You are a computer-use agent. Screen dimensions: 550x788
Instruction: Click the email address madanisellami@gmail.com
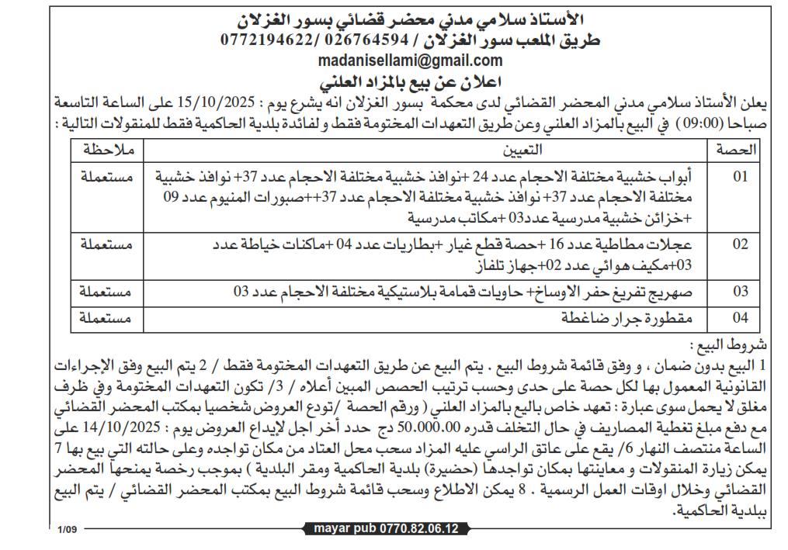(410, 61)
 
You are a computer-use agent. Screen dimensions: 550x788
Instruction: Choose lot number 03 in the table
(741, 292)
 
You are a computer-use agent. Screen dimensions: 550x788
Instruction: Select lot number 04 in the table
(741, 318)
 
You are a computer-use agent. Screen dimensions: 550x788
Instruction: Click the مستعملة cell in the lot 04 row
(106, 318)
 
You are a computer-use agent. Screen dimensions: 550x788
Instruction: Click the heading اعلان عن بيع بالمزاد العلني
(409, 81)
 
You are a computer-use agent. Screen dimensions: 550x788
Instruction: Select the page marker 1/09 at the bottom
(68, 530)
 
